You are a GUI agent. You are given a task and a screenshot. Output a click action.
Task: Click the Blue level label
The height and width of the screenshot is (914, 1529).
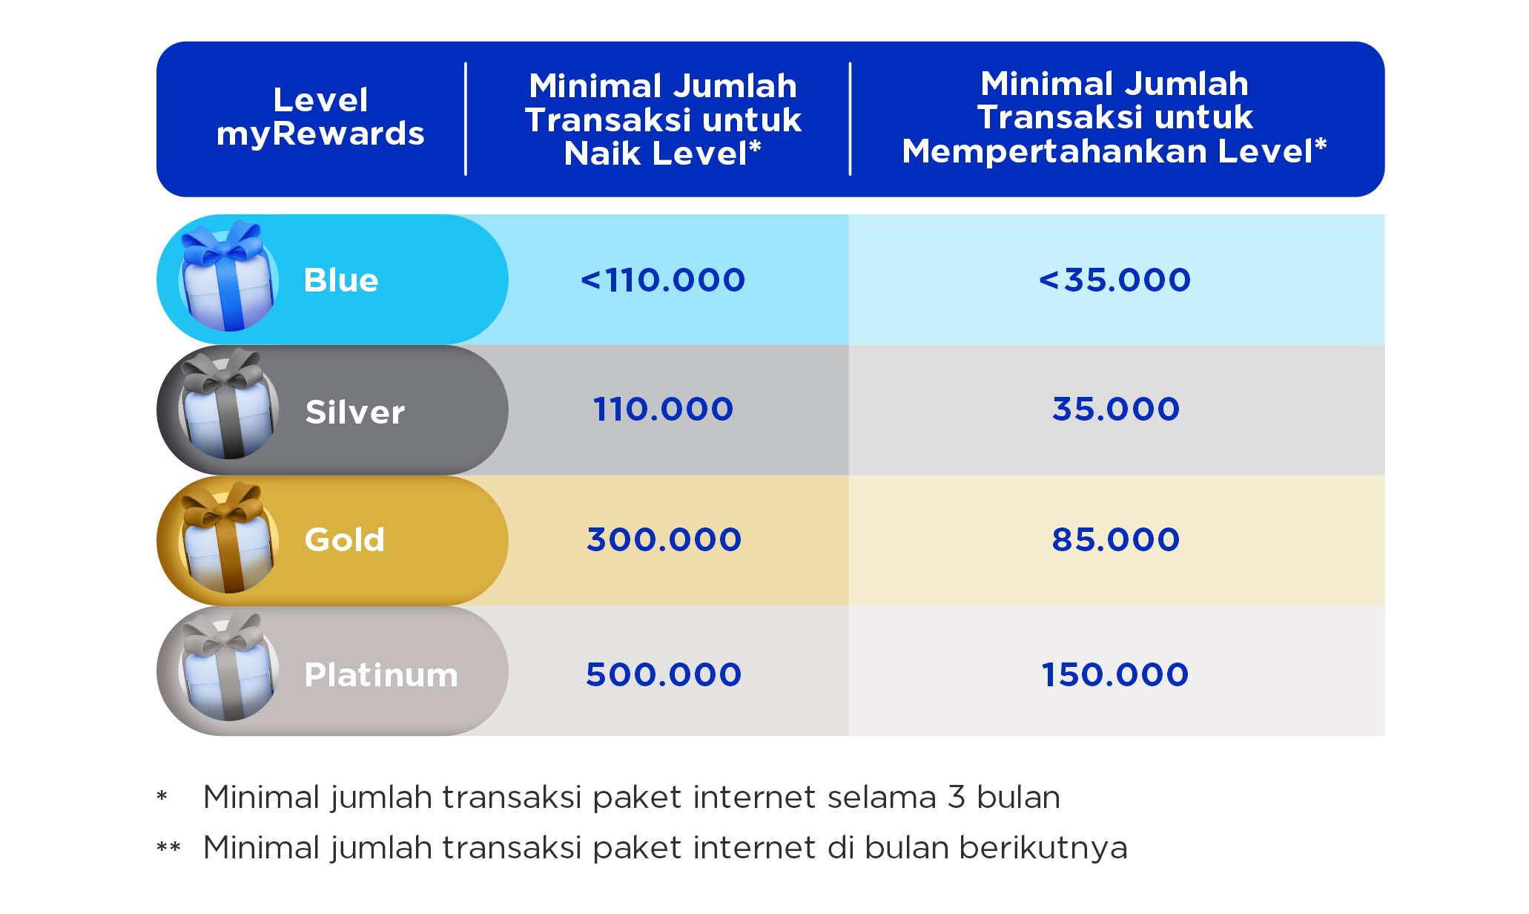coord(341,280)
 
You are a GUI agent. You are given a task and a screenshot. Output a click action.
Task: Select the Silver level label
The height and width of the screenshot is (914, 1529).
coord(355,412)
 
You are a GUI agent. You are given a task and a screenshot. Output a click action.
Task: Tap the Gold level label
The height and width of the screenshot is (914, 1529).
coord(345,540)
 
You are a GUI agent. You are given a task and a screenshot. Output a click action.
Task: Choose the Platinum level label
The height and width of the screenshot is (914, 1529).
coord(381,675)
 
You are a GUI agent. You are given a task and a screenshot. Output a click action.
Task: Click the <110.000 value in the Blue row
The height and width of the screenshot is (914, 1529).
coord(663,280)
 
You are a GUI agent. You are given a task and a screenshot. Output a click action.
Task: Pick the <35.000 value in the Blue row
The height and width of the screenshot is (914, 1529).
coord(1114,280)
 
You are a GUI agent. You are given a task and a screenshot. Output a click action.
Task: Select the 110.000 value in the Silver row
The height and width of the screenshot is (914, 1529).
coord(663,410)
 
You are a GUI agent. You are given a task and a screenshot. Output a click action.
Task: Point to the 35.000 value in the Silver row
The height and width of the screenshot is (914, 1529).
coord(1116,410)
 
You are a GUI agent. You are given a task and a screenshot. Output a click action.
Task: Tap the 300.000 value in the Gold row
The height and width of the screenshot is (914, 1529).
coord(664,540)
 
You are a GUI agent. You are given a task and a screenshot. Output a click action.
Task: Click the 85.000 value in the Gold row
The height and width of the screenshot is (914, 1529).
coord(1116,540)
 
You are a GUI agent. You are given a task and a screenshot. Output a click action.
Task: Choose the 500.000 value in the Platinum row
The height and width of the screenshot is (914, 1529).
coord(664,675)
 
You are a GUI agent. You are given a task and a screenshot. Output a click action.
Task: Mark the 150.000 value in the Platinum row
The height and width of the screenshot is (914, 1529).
coord(1115,675)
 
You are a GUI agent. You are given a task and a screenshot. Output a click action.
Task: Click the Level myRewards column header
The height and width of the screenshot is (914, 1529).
coord(320,117)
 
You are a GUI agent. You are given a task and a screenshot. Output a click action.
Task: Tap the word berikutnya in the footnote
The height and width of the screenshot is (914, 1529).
coord(1043,848)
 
